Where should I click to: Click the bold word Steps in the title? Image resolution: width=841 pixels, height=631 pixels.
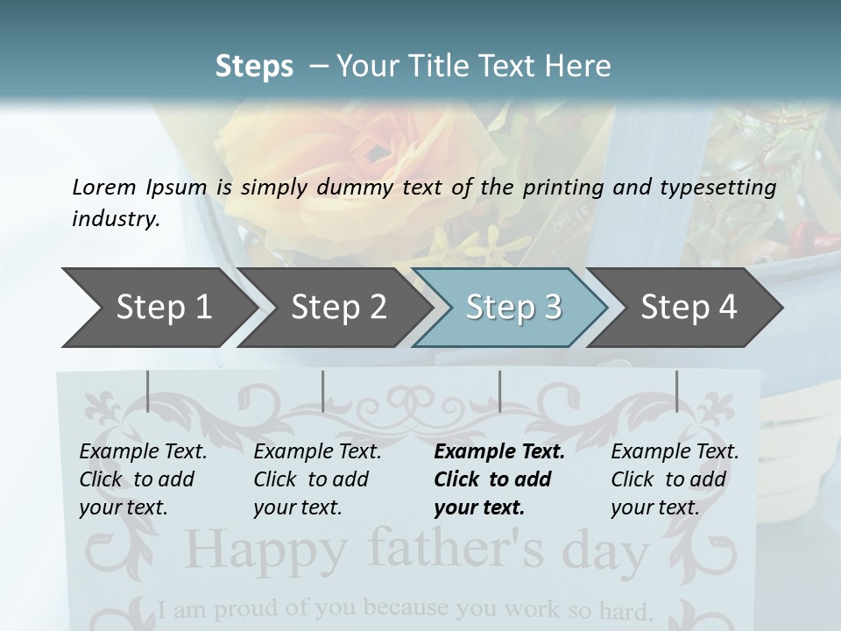254,67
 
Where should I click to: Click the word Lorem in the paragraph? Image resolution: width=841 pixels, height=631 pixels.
104,187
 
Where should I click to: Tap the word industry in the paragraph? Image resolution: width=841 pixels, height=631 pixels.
115,219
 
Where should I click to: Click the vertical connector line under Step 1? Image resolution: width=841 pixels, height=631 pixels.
148,391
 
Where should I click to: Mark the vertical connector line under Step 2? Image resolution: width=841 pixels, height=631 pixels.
323,391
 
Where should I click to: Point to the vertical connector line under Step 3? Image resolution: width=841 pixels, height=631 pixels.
500,391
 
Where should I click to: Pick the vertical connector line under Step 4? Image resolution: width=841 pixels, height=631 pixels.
676,391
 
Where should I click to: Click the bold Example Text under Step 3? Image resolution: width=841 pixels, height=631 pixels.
499,452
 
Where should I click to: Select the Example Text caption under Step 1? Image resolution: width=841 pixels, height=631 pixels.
143,452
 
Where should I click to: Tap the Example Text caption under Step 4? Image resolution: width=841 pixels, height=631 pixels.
675,452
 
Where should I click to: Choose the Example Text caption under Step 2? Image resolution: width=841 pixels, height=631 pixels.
317,452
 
